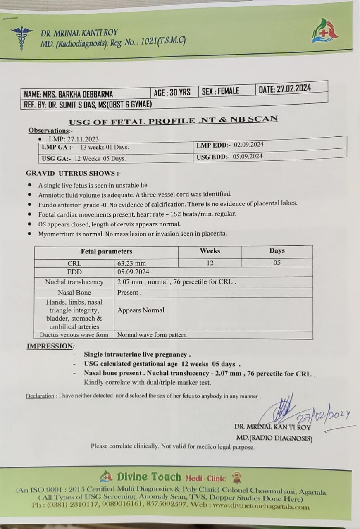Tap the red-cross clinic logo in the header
click(x=324, y=32)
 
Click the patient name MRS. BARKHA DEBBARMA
click(x=68, y=94)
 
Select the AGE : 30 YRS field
click(x=172, y=92)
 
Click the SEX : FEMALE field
click(x=220, y=91)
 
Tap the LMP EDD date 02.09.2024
click(x=248, y=145)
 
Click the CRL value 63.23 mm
click(x=131, y=263)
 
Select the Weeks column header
click(x=210, y=251)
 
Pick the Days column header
click(x=277, y=250)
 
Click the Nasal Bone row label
click(x=74, y=293)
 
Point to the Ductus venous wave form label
click(x=74, y=335)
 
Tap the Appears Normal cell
click(x=141, y=310)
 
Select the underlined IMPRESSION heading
click(x=51, y=346)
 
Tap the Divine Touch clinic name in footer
click(x=149, y=477)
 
